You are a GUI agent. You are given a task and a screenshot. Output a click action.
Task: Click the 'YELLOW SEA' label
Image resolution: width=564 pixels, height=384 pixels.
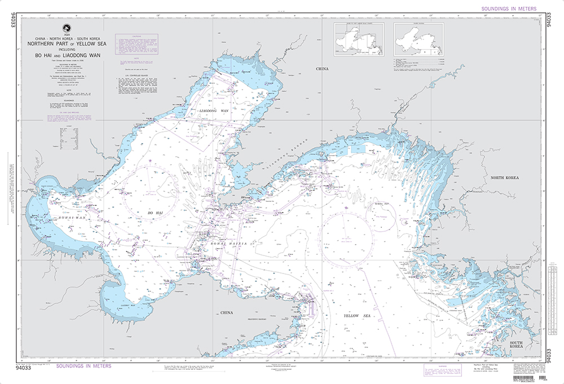[x=358, y=317]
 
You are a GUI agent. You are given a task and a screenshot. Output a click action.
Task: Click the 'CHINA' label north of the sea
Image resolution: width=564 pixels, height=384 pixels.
[x=321, y=69]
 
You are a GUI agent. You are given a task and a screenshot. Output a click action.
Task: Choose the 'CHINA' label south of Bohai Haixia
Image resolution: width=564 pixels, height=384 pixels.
[x=226, y=312]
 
